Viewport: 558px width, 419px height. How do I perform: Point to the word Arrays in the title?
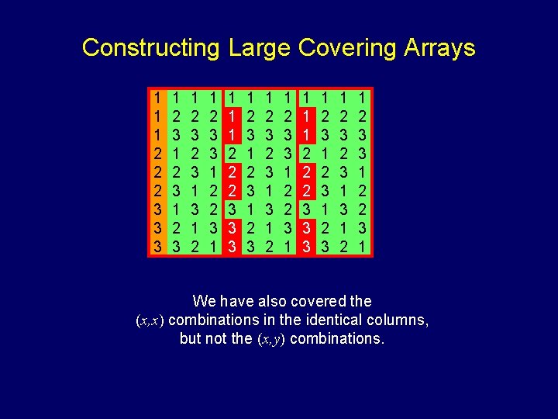[x=439, y=48]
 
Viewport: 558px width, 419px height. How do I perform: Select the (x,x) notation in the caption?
[x=149, y=320]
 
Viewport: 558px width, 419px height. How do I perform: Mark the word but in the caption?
[x=191, y=339]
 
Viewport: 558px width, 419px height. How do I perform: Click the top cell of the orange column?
[x=157, y=98]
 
